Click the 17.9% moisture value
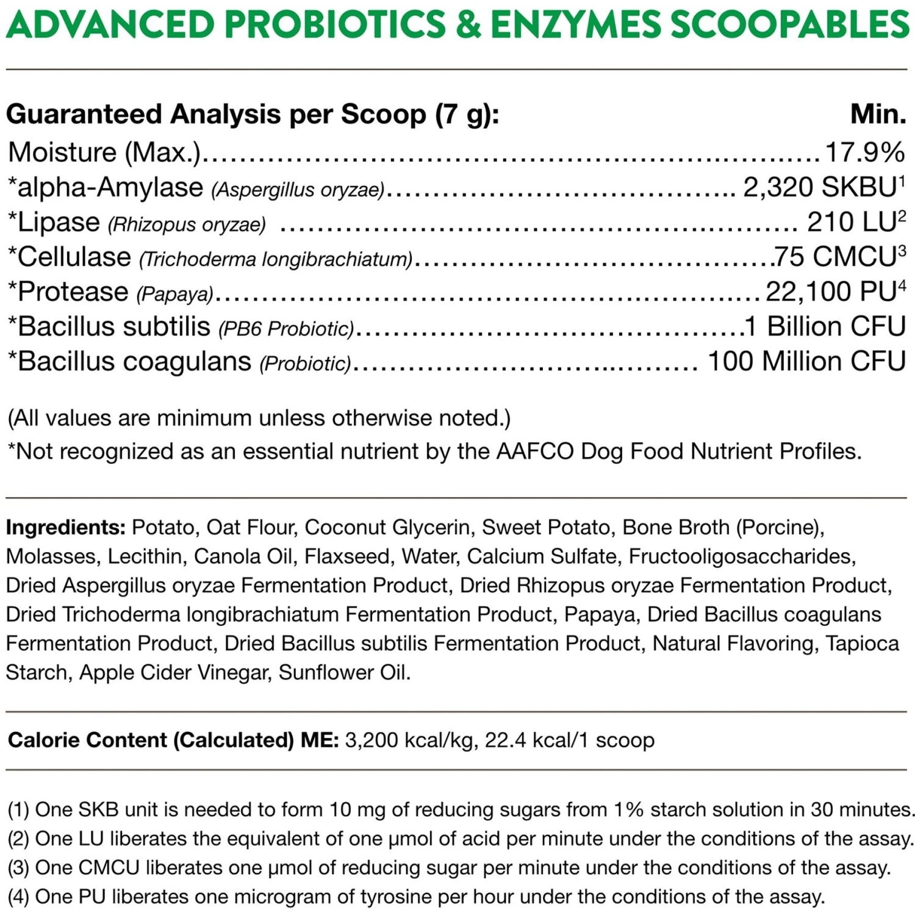click(864, 152)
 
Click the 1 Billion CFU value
click(825, 326)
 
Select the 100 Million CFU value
click(806, 361)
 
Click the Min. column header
click(878, 114)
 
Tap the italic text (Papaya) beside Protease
click(174, 295)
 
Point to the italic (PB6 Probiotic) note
click(286, 329)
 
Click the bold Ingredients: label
click(66, 527)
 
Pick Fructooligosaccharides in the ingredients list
click(742, 556)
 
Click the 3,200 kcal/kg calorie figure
click(411, 740)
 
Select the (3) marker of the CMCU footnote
click(18, 867)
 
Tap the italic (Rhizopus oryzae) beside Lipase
click(187, 225)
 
